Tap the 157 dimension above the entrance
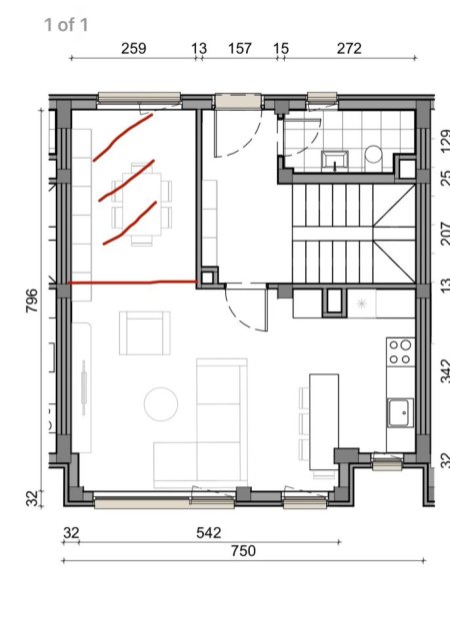point(240,48)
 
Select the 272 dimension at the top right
point(349,48)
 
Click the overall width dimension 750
point(243,550)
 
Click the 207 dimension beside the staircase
point(444,234)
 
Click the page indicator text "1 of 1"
point(66,23)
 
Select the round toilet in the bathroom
point(374,155)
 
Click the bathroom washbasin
point(333,157)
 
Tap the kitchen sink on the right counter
point(401,410)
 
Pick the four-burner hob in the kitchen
point(400,351)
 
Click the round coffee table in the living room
point(160,404)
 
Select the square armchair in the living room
point(144,332)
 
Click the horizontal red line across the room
point(133,284)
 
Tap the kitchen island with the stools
point(321,419)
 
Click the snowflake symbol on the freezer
point(360,302)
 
